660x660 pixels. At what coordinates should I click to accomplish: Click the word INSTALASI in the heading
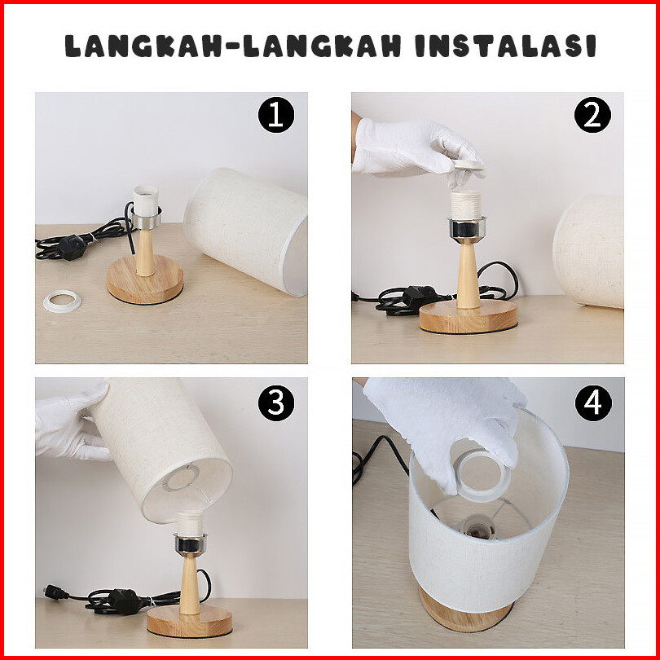(505, 46)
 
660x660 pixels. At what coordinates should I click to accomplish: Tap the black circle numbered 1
(276, 115)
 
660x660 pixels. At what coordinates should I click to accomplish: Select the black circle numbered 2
(592, 115)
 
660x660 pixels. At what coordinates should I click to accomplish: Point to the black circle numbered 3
(276, 403)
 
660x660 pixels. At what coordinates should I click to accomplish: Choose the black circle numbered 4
(593, 403)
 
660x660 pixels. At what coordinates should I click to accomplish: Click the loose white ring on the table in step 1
(62, 301)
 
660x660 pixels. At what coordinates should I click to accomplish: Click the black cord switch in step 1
(71, 248)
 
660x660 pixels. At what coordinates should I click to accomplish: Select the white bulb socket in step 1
(145, 201)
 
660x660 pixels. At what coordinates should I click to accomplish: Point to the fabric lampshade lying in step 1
(246, 231)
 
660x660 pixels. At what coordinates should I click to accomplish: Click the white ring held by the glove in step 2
(468, 165)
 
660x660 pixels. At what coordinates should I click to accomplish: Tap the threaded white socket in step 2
(465, 205)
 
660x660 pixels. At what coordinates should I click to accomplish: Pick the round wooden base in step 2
(468, 316)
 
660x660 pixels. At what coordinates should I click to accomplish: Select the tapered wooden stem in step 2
(468, 275)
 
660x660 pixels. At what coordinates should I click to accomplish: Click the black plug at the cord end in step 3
(55, 592)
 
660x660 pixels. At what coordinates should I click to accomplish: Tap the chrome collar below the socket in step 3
(190, 543)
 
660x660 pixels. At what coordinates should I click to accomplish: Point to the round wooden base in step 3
(189, 620)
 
